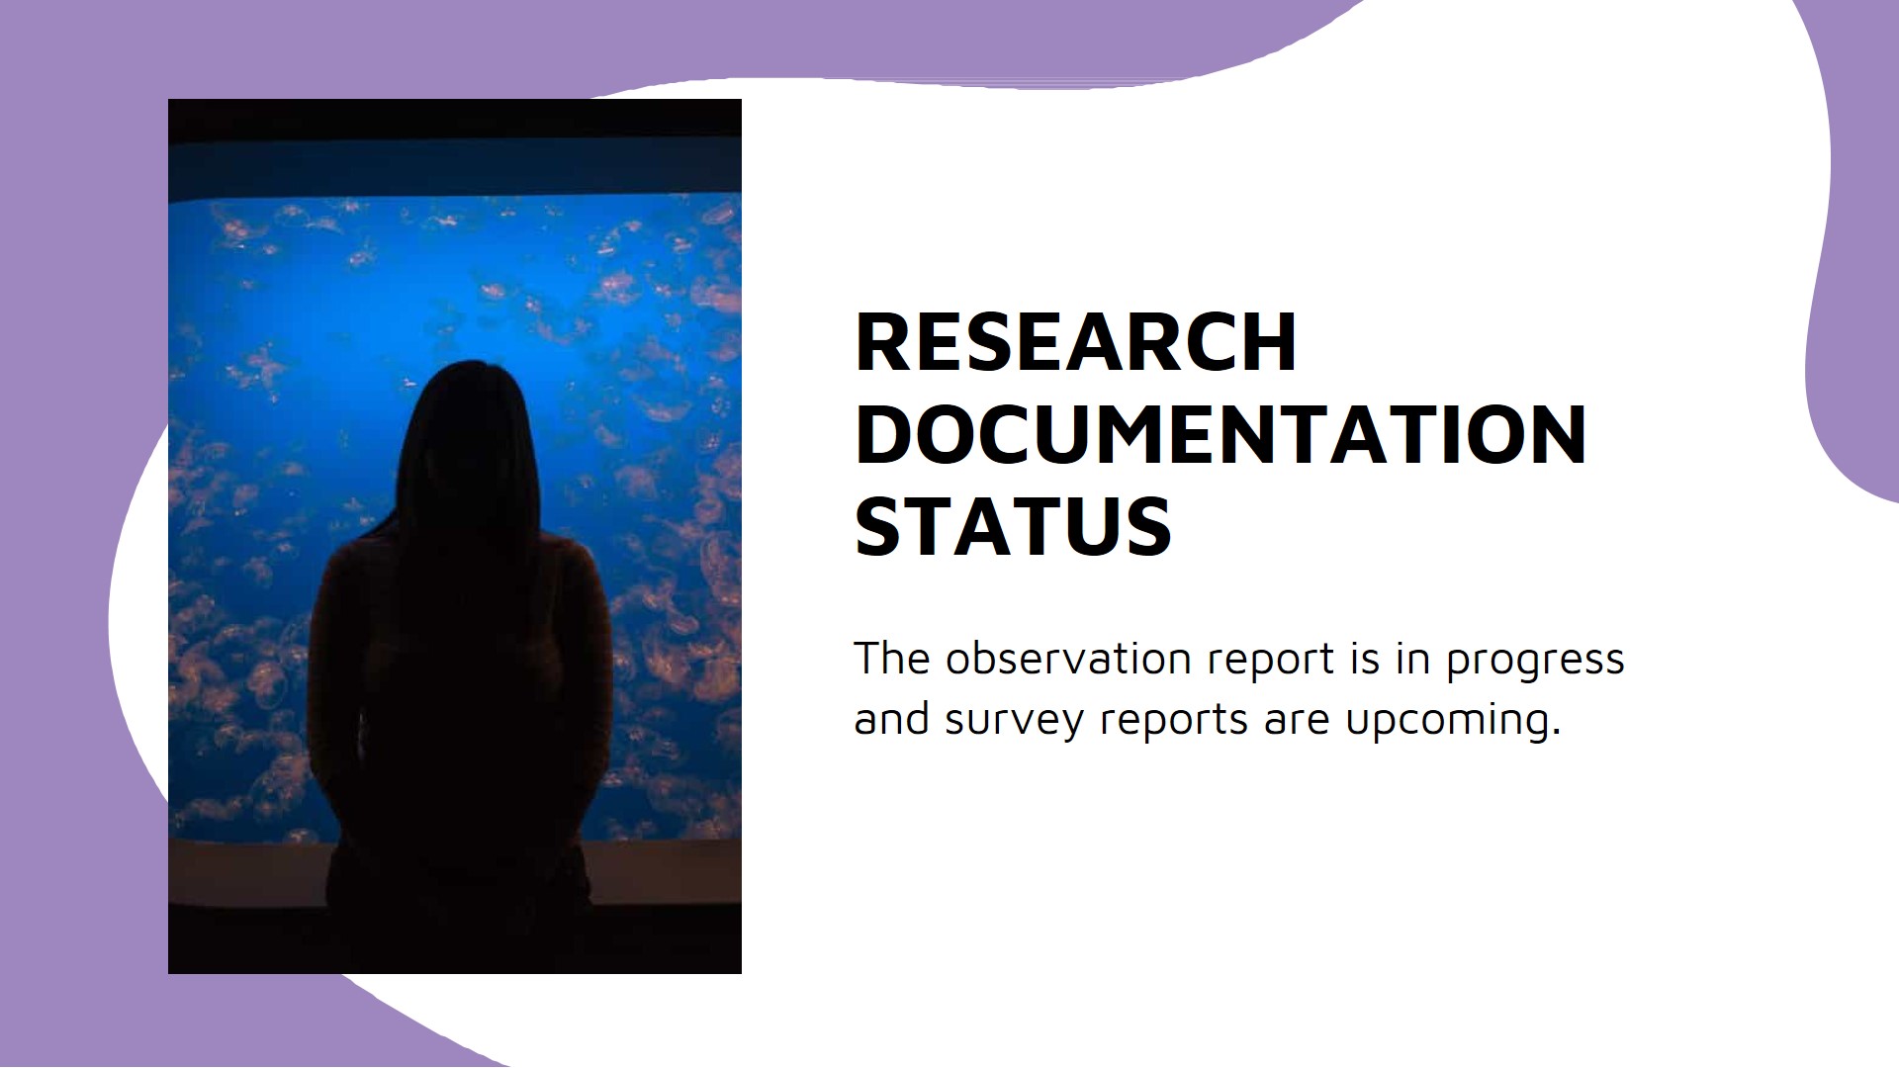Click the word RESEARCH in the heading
click(1075, 342)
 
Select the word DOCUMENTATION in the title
click(1221, 434)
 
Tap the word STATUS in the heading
click(1013, 526)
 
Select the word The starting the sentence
click(891, 659)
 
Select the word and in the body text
click(891, 719)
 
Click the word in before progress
click(1413, 659)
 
